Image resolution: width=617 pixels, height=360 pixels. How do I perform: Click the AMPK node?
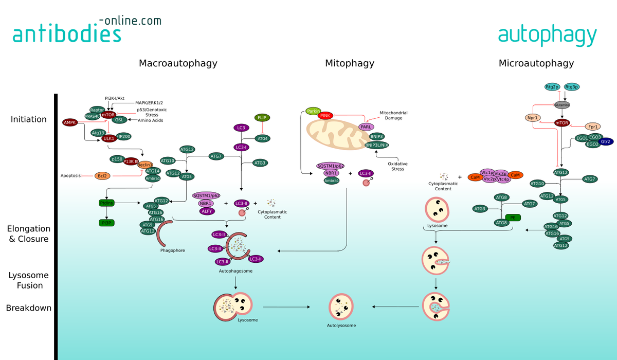[69, 122]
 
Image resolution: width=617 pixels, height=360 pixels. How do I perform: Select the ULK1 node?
[108, 139]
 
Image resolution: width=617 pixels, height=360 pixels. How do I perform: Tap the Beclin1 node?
[144, 165]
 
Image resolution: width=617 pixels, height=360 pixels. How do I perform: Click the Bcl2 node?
[103, 176]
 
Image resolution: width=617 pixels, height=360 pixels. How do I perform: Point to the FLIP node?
[262, 117]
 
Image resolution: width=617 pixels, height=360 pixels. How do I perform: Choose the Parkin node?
[313, 111]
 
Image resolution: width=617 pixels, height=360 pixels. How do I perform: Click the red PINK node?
[325, 116]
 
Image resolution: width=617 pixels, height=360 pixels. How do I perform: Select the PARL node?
[366, 127]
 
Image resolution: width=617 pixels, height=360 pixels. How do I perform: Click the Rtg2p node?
[552, 87]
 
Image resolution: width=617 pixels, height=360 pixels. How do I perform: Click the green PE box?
[513, 218]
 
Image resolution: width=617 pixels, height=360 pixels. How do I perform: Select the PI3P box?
[106, 223]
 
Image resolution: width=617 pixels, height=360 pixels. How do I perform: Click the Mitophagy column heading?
[349, 64]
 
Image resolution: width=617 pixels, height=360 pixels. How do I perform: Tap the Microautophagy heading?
[536, 64]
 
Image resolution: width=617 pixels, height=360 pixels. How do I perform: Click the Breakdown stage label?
[29, 308]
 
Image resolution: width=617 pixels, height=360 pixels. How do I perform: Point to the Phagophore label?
[172, 250]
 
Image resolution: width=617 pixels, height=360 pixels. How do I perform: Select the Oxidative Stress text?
[397, 166]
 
